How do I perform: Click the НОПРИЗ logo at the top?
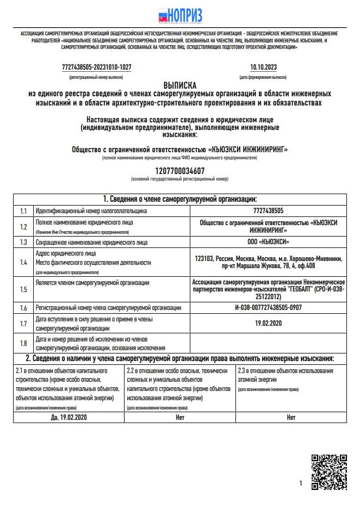click(179, 15)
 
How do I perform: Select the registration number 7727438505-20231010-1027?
click(97, 67)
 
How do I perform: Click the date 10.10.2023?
click(263, 67)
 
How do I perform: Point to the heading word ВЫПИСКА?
click(180, 85)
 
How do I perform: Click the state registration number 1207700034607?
click(179, 170)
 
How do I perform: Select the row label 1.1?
click(23, 210)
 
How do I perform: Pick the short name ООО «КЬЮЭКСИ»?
click(268, 242)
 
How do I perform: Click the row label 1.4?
click(23, 262)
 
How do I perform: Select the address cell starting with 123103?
click(268, 262)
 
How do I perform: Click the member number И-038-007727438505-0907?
click(268, 308)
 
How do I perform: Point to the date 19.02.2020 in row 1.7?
click(268, 323)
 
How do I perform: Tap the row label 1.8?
click(23, 343)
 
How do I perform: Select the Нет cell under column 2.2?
click(180, 417)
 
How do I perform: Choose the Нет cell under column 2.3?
click(291, 417)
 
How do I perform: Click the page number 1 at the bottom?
click(301, 483)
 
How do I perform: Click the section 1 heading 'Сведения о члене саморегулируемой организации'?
click(180, 198)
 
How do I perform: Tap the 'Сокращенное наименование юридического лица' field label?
click(91, 242)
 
